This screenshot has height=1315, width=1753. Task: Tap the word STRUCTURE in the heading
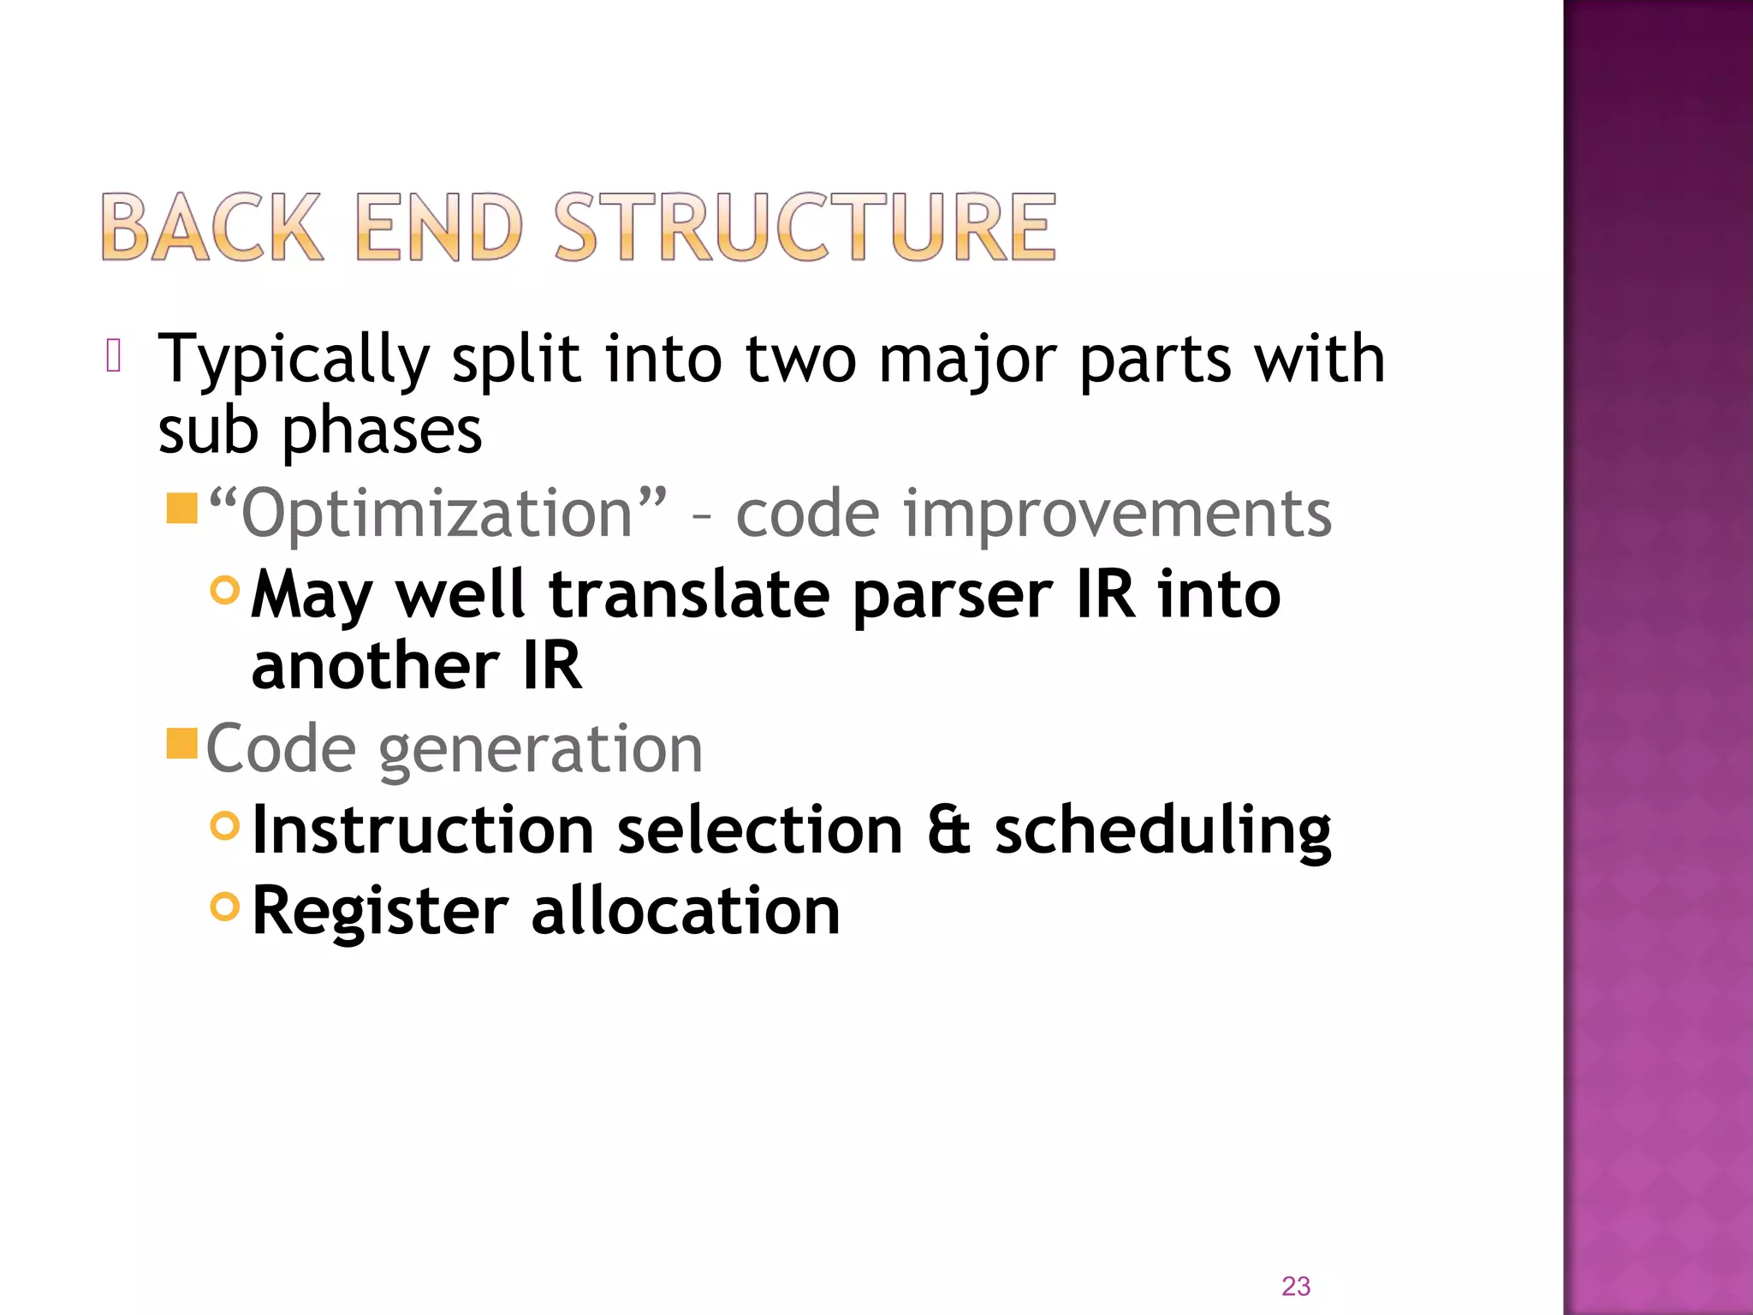(805, 227)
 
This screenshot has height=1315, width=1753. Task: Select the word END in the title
(437, 227)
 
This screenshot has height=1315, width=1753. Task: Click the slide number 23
(1295, 1286)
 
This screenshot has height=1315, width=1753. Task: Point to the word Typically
(293, 360)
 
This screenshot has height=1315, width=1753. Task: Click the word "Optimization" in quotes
(437, 514)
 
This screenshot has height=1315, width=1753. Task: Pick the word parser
(953, 596)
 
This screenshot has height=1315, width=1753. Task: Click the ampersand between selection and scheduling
(948, 830)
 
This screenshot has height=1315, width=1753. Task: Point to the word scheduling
(1162, 830)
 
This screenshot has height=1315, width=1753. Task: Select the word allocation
(686, 911)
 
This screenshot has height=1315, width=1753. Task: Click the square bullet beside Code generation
(182, 743)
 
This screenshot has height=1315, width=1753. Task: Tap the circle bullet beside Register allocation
(224, 906)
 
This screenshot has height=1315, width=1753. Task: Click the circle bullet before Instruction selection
(224, 825)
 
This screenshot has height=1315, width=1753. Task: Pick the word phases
(382, 431)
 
